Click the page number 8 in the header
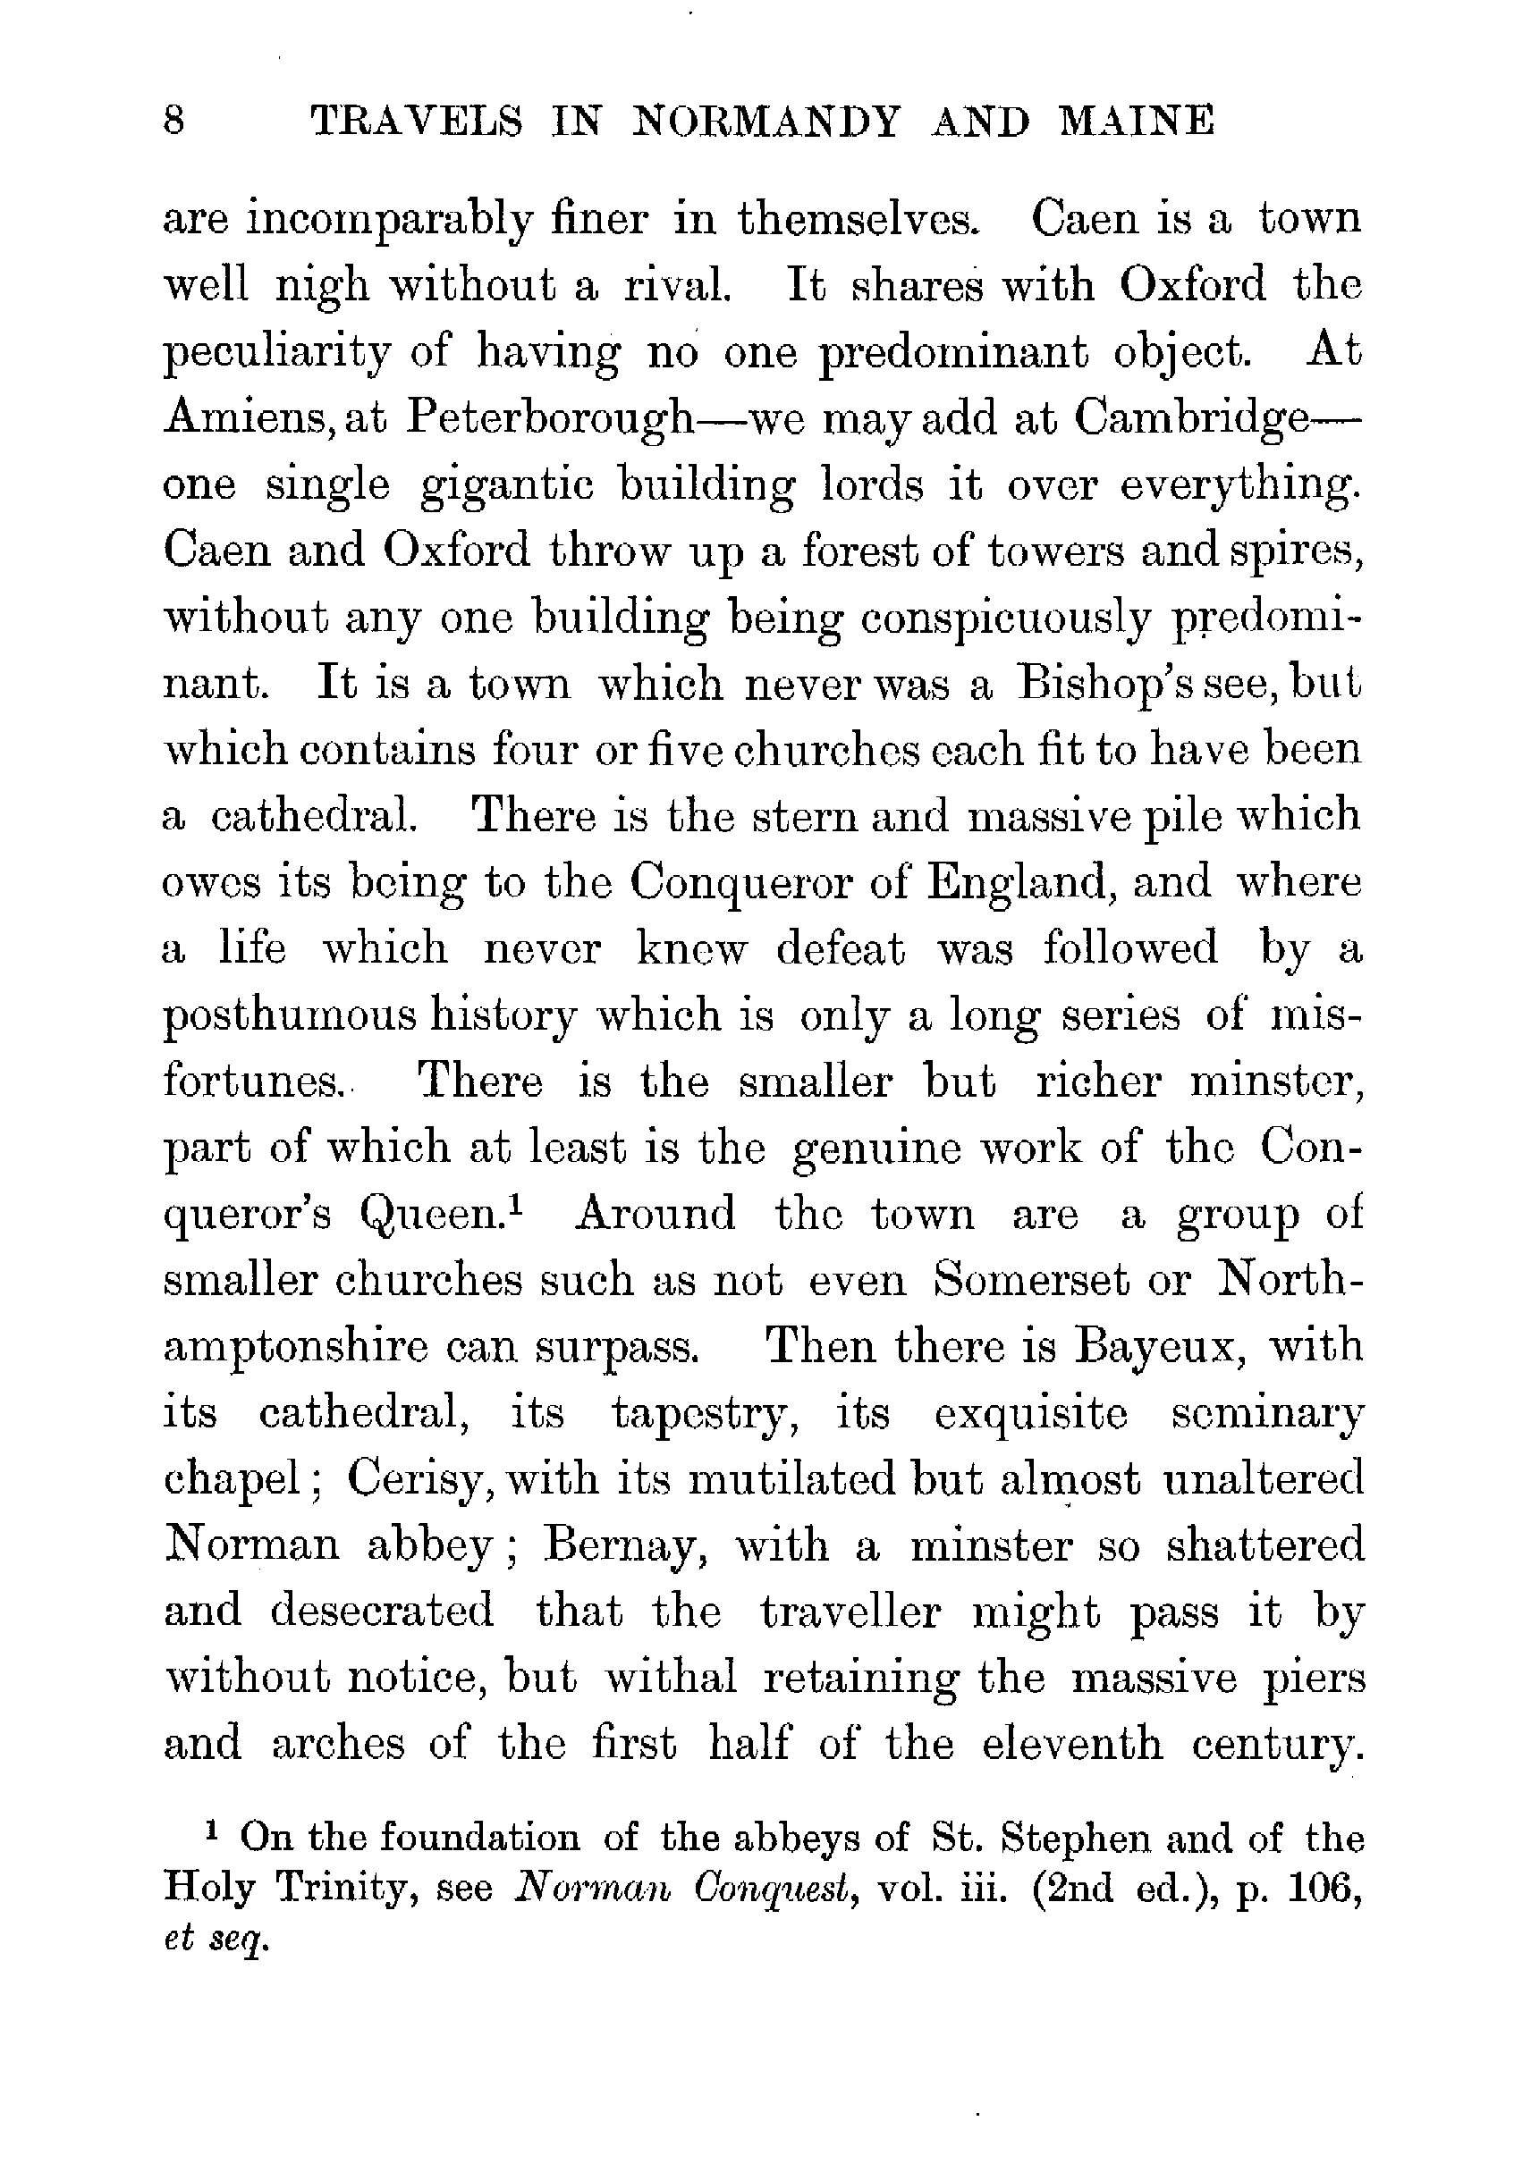(x=174, y=123)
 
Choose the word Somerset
(x=1031, y=1281)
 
